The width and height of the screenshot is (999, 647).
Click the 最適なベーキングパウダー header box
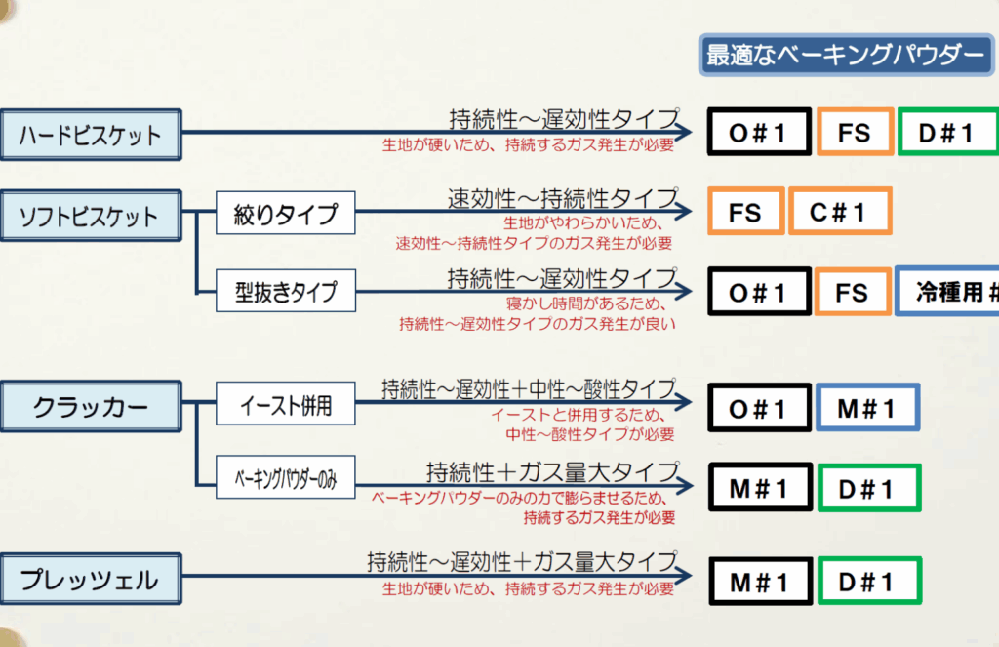(x=845, y=56)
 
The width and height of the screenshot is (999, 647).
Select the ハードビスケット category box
(x=90, y=134)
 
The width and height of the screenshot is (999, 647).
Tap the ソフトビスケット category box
(x=90, y=216)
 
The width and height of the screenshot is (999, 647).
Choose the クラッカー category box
(x=90, y=406)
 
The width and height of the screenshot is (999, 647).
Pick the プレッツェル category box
(x=90, y=580)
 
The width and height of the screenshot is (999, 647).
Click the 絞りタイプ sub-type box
(x=286, y=214)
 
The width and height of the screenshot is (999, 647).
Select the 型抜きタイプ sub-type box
(x=286, y=291)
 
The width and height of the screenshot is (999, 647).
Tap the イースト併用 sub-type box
(x=286, y=406)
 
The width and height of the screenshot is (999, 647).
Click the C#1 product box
(x=839, y=212)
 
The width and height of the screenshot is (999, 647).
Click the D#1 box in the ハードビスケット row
(x=946, y=133)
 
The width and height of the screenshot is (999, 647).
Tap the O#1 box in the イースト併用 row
(x=759, y=409)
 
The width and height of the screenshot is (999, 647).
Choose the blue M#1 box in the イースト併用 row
(x=867, y=409)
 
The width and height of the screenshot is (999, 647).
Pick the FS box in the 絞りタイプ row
(x=745, y=212)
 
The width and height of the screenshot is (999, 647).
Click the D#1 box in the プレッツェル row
(x=867, y=583)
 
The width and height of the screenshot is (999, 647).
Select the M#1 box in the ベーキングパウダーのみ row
(x=759, y=489)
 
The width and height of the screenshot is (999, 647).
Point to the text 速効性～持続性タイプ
(x=563, y=198)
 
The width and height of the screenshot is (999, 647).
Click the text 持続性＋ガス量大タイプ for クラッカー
(x=552, y=472)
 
